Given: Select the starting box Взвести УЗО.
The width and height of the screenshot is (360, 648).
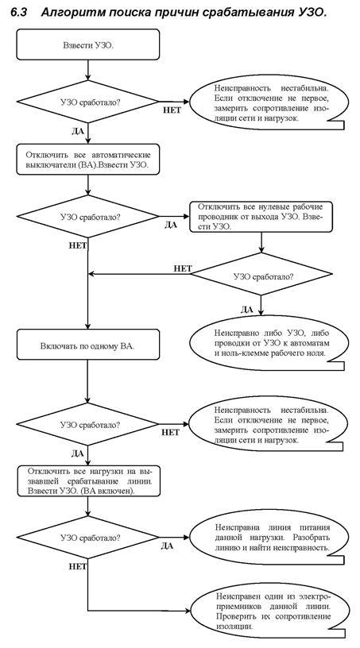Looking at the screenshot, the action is tap(87, 44).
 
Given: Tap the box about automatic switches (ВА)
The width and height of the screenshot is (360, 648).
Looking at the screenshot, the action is tap(87, 159).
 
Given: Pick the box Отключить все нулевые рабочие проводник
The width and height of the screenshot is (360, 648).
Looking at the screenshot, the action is tap(261, 217).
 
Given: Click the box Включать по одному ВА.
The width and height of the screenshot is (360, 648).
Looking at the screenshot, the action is tap(87, 345).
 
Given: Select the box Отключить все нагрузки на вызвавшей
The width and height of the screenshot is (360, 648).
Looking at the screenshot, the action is tap(87, 481).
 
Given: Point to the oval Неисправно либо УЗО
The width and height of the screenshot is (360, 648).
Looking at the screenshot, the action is tap(266, 342).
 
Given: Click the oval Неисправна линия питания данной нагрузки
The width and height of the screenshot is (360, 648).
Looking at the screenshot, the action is tap(266, 538).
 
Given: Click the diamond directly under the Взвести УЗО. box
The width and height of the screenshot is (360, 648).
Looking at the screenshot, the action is tap(87, 102).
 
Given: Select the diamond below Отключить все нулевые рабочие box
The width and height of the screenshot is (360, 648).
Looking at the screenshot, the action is tap(261, 274).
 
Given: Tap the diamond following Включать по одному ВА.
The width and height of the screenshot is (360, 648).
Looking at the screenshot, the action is tap(87, 424).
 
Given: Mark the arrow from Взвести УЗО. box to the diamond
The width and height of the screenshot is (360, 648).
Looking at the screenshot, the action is tap(87, 70).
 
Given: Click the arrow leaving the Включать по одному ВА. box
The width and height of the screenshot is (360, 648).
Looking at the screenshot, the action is tap(87, 381).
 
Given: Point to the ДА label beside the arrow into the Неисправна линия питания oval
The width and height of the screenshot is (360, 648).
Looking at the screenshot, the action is tap(167, 546).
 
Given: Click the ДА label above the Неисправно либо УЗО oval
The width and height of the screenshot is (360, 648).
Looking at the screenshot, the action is tap(247, 309).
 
